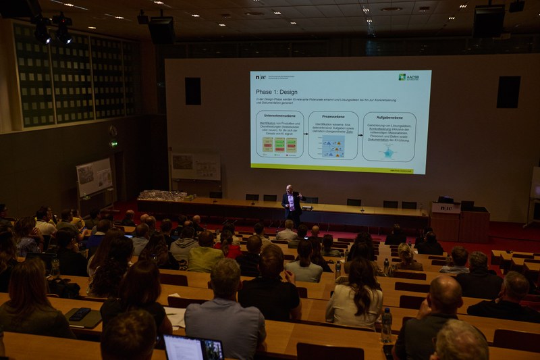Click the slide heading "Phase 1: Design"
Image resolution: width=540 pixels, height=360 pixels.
[277, 91]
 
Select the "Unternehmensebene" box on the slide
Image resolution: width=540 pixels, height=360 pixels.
[279, 134]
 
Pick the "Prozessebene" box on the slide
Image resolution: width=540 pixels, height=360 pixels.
[333, 135]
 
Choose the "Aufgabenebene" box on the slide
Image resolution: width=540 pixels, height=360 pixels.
[389, 136]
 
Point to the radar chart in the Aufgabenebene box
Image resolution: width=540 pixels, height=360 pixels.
[389, 153]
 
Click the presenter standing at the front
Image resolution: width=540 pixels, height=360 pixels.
[292, 205]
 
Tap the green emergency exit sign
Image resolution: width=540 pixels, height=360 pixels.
[114, 144]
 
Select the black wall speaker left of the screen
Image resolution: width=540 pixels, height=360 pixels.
[193, 91]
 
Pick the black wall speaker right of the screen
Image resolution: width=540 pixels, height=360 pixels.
[508, 92]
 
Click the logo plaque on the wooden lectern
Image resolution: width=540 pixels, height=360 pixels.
[446, 208]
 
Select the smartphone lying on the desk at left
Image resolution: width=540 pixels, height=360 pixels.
[80, 313]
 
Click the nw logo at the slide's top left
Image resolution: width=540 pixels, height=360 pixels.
[261, 77]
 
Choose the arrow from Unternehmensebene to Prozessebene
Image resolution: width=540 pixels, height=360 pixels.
[306, 135]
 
